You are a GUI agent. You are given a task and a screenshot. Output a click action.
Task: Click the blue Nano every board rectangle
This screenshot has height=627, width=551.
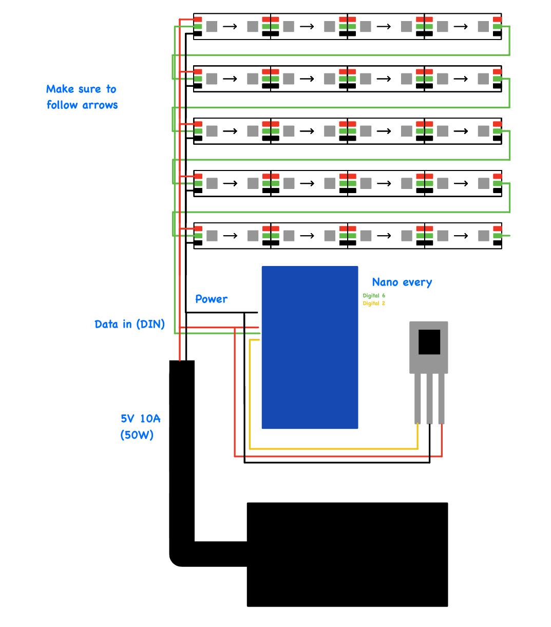point(310,347)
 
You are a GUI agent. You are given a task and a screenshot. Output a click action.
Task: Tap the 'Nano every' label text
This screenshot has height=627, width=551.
point(402,282)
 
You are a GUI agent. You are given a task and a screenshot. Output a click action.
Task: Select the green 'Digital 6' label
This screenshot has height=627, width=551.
point(374,296)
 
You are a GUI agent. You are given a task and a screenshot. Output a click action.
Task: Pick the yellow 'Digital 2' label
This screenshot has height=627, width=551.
point(374,303)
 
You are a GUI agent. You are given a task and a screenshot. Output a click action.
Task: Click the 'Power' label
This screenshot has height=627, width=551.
point(211,299)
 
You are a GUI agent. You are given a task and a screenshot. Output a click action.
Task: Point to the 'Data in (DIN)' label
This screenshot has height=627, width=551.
point(129,324)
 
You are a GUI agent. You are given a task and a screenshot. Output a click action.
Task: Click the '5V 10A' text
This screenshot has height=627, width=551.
point(140,419)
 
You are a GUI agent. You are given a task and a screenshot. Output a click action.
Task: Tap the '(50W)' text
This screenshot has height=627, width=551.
point(137,435)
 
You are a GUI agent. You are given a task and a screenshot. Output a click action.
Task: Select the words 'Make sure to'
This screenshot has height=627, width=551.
point(81,89)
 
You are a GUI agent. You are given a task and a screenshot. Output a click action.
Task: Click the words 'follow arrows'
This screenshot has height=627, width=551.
point(82,105)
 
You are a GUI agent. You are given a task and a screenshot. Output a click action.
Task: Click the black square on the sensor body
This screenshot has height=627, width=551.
point(429,342)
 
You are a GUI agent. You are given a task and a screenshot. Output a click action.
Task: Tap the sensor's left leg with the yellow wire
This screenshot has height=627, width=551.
point(417,398)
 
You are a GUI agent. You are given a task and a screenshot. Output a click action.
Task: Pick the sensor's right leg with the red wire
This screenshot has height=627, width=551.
point(442,398)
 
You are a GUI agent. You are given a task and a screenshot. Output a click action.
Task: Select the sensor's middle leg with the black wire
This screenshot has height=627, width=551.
point(430,398)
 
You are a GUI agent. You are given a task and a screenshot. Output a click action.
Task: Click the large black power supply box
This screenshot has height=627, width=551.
point(347,555)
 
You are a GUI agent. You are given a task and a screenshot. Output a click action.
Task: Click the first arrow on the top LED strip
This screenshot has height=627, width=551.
point(230,26)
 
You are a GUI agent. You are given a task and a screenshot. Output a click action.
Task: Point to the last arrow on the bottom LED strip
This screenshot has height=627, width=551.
point(461,236)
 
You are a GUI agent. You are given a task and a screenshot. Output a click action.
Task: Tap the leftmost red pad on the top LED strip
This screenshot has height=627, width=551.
point(198,20)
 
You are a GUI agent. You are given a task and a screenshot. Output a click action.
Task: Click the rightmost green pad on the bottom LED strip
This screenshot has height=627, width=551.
point(497,236)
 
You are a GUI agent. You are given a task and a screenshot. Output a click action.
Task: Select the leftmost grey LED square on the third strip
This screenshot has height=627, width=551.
point(212,131)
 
